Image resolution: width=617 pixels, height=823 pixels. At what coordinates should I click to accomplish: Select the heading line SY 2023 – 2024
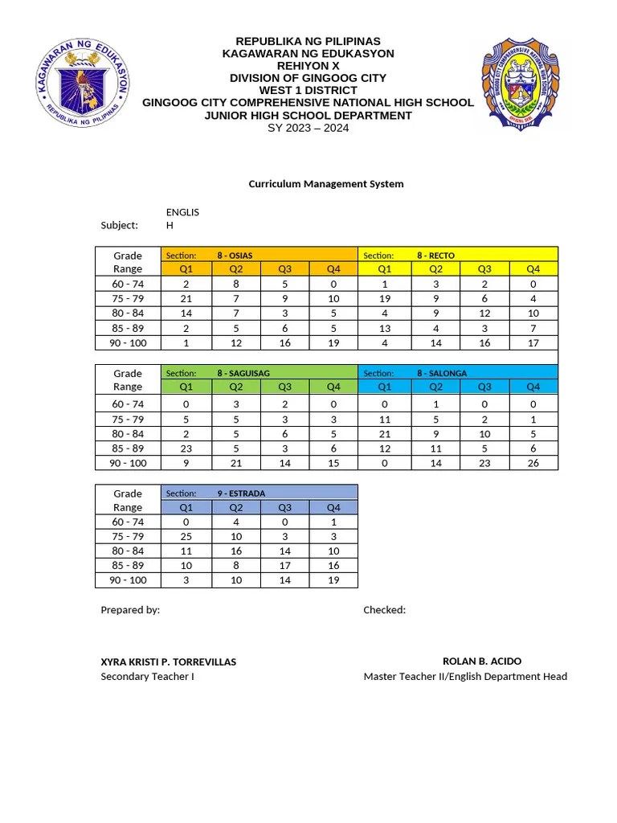click(x=308, y=129)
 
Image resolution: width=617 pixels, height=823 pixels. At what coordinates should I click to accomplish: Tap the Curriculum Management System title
click(x=325, y=184)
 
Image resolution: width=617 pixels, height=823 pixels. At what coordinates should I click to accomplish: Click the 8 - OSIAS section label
click(x=235, y=256)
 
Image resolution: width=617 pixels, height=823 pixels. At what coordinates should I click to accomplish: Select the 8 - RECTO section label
click(x=435, y=256)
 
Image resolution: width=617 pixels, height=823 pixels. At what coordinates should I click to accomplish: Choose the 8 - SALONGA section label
click(x=442, y=373)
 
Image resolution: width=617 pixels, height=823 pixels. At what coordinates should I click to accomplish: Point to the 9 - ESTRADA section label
click(x=241, y=493)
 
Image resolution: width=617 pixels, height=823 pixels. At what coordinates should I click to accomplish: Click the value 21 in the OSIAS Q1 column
click(x=186, y=299)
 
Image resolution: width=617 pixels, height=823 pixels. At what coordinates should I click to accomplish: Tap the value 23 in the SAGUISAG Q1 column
click(x=186, y=448)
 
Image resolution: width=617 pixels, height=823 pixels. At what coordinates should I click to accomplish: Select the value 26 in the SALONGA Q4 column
click(x=533, y=463)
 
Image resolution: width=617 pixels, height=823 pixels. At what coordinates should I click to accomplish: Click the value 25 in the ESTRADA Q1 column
click(x=186, y=537)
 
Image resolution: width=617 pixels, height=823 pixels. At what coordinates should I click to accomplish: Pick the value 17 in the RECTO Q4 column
click(x=533, y=342)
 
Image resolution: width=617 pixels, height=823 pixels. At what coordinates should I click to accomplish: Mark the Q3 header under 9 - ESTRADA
click(x=284, y=508)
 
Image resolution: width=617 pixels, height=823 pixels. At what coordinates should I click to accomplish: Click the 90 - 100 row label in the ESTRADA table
click(x=128, y=580)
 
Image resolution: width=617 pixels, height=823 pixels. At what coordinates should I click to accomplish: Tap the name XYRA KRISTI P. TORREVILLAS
click(x=168, y=662)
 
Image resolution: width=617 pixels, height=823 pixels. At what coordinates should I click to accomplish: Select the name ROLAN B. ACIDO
click(x=482, y=661)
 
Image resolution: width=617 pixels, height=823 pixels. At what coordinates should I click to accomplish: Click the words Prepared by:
click(x=130, y=610)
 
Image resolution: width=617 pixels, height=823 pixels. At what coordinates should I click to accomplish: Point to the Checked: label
click(x=384, y=610)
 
